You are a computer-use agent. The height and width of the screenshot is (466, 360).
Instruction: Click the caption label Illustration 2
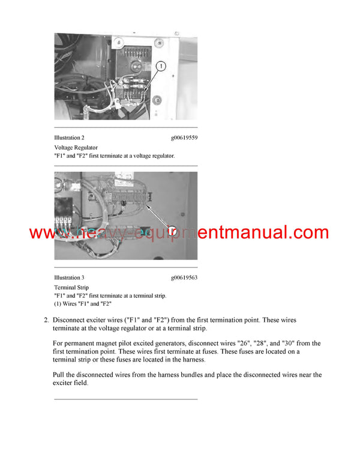(69, 138)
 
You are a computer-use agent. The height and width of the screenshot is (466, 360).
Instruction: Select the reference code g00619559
(184, 138)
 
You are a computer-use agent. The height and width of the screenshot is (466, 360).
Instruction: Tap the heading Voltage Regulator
(76, 147)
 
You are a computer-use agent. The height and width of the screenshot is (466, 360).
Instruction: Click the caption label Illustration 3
(69, 277)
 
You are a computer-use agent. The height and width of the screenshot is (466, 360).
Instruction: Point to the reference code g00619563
(184, 277)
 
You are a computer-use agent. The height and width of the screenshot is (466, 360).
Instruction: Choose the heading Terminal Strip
(71, 287)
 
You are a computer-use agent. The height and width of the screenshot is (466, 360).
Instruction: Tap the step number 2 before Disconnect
(46, 320)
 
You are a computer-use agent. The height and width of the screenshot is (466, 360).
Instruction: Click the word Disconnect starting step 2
(71, 320)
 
